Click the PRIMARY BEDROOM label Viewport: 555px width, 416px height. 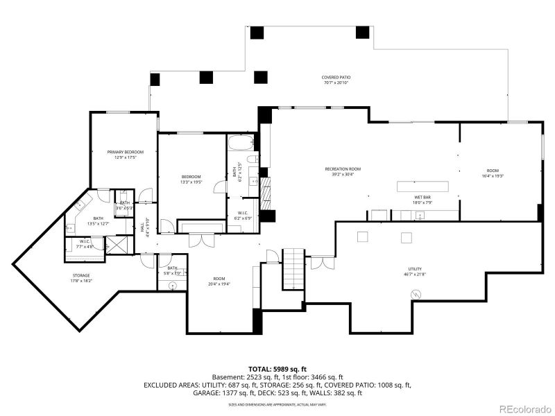(125, 152)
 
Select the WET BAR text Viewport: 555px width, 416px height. (423, 198)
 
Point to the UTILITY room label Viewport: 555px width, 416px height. (415, 269)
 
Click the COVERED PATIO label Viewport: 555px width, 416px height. (335, 77)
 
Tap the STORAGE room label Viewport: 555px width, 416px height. (80, 276)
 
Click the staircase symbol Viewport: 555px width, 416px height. (293, 269)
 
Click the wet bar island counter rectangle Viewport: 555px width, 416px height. (422, 186)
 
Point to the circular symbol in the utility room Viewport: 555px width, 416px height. (416, 295)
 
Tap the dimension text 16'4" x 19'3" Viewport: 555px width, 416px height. (493, 176)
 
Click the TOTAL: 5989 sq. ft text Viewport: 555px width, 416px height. (277, 369)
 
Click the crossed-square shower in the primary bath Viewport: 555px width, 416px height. (117, 244)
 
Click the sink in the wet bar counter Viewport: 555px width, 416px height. (419, 216)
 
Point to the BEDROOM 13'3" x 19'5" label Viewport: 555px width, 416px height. (191, 178)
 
